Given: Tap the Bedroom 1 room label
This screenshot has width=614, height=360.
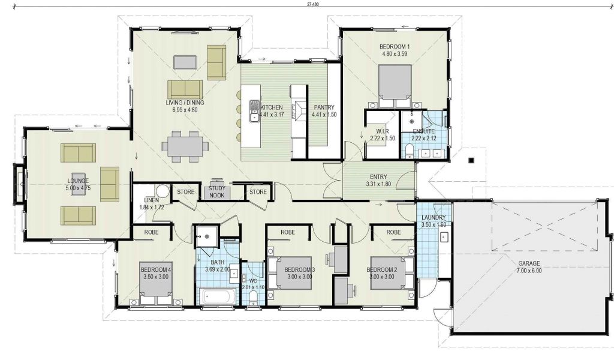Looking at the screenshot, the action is [x=395, y=47].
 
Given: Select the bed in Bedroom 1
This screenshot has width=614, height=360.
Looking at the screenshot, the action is [x=395, y=86].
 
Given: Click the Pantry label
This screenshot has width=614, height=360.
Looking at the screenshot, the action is [x=324, y=107].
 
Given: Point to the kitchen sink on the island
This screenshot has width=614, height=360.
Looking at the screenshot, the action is [x=254, y=110].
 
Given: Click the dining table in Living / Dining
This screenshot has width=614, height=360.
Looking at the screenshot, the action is [x=185, y=146].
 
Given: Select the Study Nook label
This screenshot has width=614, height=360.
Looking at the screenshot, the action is [x=217, y=192].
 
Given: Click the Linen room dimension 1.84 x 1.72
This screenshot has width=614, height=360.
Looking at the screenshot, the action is [x=152, y=208].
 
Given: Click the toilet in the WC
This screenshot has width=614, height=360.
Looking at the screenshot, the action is [x=254, y=298].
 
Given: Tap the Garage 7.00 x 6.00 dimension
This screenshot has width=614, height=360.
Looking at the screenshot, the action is [x=529, y=270].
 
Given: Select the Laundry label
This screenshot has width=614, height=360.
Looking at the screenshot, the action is [x=434, y=217].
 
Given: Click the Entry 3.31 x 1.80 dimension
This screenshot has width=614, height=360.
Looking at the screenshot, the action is [x=379, y=184].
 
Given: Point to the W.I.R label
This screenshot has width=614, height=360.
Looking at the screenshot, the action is [x=382, y=131].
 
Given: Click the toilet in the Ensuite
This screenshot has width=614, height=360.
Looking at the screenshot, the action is [x=408, y=150].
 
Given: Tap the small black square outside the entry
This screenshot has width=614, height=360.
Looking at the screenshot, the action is [x=471, y=160].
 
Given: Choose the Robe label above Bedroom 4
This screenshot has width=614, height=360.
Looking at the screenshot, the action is [x=152, y=232].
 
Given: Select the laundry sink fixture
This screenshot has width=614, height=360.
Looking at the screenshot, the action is [x=444, y=237].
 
